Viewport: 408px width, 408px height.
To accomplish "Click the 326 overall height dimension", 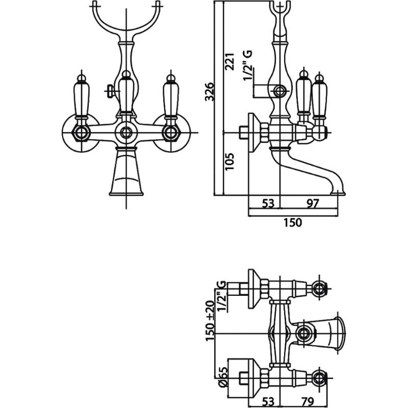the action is click(x=210, y=92).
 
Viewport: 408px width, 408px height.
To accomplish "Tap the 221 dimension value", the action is click(x=229, y=61).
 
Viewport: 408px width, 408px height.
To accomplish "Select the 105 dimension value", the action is click(x=229, y=162).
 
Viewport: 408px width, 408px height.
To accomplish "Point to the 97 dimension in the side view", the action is click(x=313, y=203).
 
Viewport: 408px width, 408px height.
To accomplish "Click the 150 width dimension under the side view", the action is click(x=292, y=222).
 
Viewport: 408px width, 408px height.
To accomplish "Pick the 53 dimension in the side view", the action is click(x=268, y=203).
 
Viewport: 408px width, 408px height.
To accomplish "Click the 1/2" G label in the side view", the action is click(x=247, y=66).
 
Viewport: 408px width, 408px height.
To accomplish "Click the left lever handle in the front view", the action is click(x=82, y=97).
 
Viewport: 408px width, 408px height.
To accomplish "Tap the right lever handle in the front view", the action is click(x=171, y=97).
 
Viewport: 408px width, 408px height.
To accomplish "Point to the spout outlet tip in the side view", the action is click(x=338, y=193).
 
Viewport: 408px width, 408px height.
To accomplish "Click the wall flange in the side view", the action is click(x=252, y=133).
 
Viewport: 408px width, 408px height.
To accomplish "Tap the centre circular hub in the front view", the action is click(x=126, y=133).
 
